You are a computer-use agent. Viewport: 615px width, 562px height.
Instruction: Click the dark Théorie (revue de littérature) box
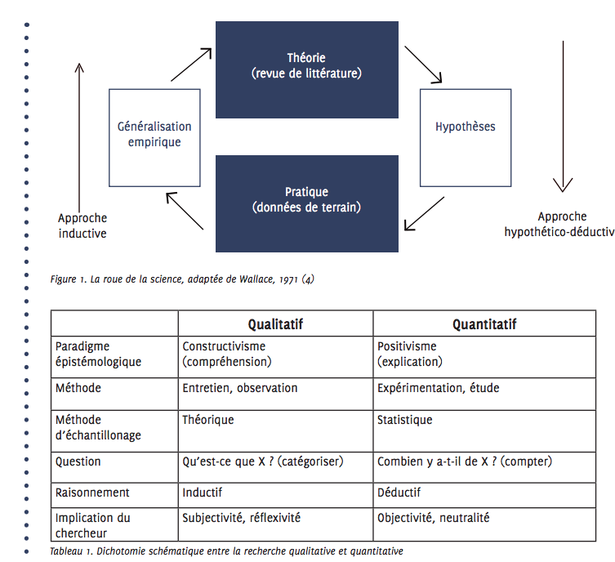point(307,69)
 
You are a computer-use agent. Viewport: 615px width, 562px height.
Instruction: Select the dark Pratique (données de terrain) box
point(307,203)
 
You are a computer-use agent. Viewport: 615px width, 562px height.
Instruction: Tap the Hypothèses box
point(466,138)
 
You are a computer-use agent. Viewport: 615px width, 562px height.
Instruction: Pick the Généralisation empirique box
point(154,138)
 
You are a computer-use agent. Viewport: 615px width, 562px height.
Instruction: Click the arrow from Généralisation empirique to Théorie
point(191,65)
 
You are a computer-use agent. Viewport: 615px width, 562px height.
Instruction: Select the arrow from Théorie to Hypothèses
point(423,65)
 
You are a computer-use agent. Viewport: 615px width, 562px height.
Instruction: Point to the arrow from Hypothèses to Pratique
point(425,214)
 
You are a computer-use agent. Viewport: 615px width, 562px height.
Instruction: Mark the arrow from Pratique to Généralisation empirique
point(185,211)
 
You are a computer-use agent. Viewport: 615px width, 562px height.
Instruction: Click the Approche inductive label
point(82,225)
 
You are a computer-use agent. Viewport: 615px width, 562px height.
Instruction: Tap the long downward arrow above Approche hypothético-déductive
point(563,117)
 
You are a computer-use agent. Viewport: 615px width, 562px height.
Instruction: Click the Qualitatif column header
point(275,324)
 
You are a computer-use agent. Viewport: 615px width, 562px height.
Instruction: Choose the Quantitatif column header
point(484,324)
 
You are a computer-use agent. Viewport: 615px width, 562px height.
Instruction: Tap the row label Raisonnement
point(92,493)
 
